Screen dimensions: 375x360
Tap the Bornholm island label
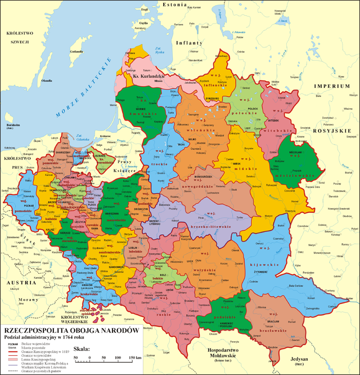coord(13,125)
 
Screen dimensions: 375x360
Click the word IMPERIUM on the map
coord(335,86)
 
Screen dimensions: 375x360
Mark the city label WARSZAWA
coord(125,213)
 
